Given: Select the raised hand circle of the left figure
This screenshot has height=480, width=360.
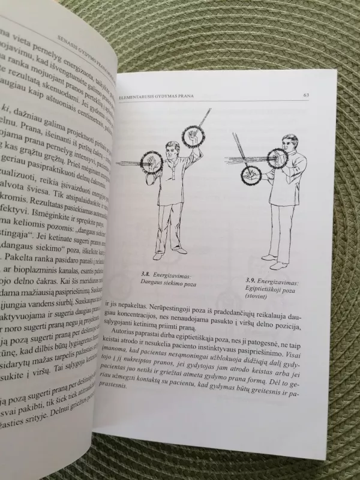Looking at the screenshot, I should click(193, 136).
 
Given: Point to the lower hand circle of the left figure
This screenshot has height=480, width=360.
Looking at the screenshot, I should click(151, 163).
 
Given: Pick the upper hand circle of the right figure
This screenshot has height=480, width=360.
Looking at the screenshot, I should click(277, 158).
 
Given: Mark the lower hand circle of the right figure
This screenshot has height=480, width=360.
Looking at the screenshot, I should click(251, 174).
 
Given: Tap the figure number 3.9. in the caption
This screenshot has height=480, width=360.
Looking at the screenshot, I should click(253, 280).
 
